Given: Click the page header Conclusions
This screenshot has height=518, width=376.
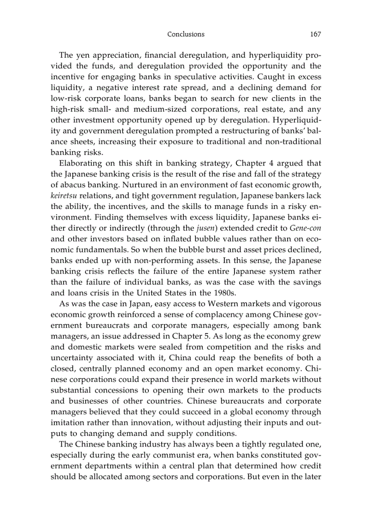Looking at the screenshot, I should coord(186,34).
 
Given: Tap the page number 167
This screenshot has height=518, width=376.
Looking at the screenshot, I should coord(315,34).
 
